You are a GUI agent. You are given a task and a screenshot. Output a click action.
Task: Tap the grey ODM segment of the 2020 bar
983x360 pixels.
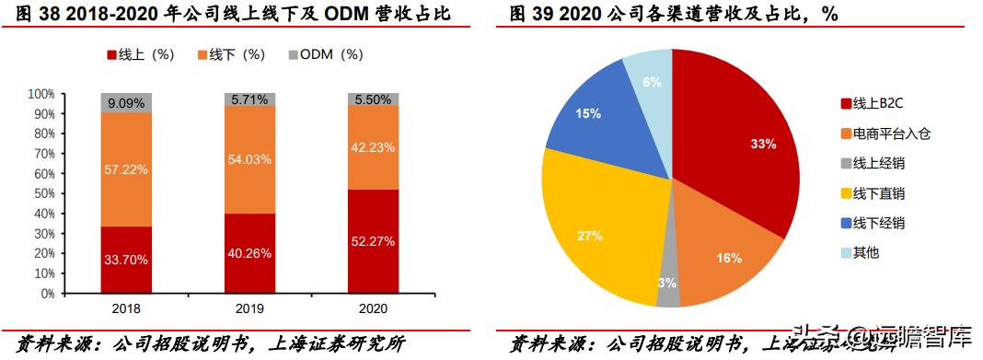[373, 99]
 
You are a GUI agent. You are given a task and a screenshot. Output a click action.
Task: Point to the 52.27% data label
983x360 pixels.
[373, 241]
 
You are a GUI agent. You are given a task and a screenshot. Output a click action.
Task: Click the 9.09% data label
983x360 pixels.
[126, 103]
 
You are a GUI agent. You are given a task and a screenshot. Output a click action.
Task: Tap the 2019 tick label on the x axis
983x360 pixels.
[250, 310]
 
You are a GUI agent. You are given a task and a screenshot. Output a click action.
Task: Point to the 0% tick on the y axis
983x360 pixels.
[45, 293]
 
